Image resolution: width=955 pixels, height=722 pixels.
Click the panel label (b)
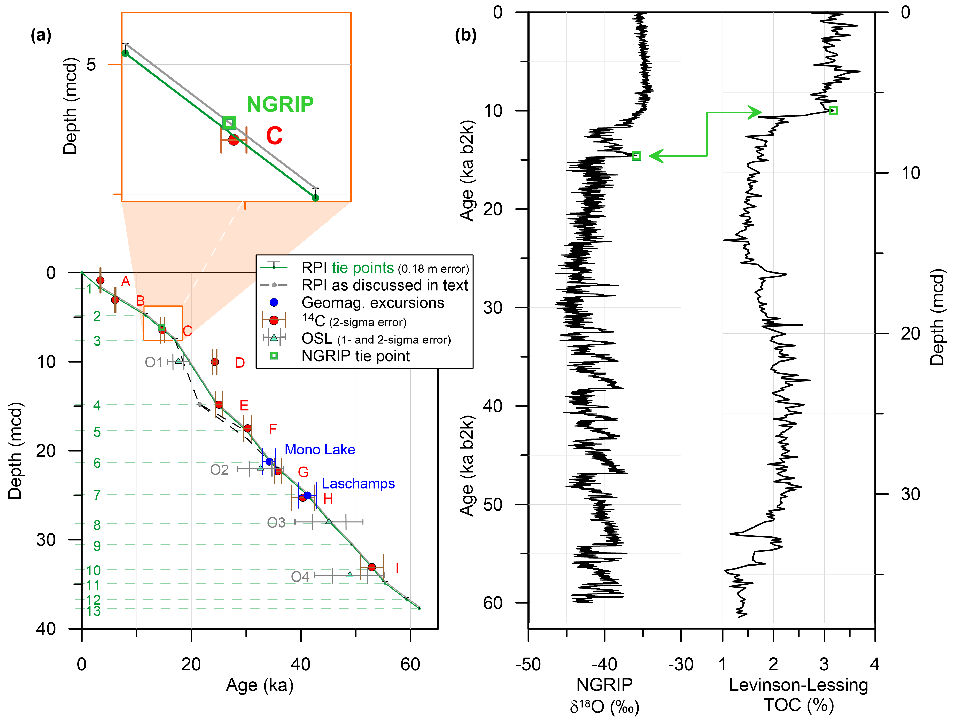coord(465,35)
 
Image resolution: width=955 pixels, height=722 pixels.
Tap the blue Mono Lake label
coord(320,450)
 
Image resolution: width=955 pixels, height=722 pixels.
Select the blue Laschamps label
coord(358,484)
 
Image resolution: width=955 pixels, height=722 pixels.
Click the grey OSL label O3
coord(276,523)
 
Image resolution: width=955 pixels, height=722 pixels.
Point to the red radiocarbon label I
coord(397,568)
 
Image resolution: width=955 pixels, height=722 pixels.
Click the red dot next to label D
coord(215,362)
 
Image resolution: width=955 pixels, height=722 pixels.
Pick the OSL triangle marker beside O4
coord(350,574)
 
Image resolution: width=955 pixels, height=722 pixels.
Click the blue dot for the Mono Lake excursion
coord(269,461)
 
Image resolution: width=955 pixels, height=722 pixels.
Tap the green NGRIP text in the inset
coord(280,104)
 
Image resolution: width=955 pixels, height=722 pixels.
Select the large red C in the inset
coord(274,136)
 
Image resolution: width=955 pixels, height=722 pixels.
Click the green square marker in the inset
coord(229,123)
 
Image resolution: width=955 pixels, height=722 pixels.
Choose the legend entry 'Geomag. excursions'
coord(372,303)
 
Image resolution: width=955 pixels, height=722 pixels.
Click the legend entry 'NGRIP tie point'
coord(355,356)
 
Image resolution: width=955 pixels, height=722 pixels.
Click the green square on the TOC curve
coord(833,111)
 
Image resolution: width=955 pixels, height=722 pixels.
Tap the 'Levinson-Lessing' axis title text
coord(798,685)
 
